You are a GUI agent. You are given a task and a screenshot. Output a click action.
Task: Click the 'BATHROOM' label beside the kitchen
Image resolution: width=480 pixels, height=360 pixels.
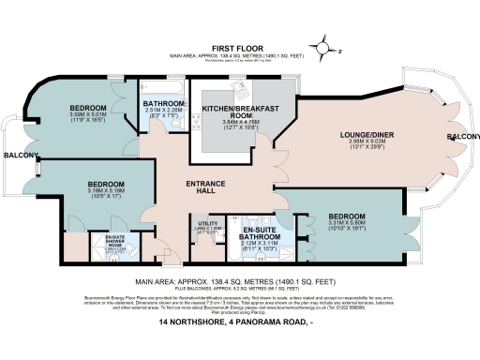(163, 105)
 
